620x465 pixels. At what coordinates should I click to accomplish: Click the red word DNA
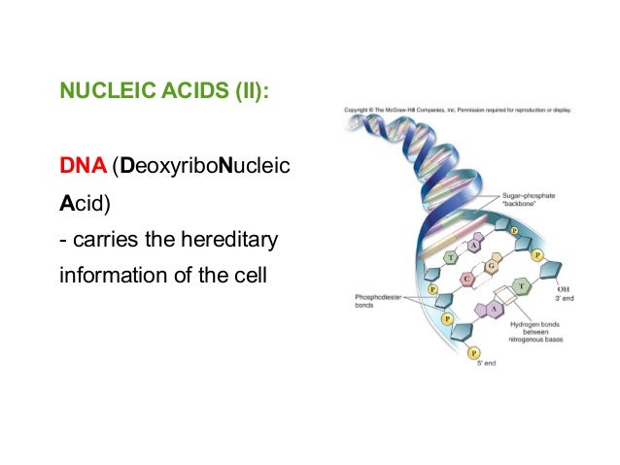click(83, 168)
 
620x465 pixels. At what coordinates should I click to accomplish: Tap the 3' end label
click(563, 299)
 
